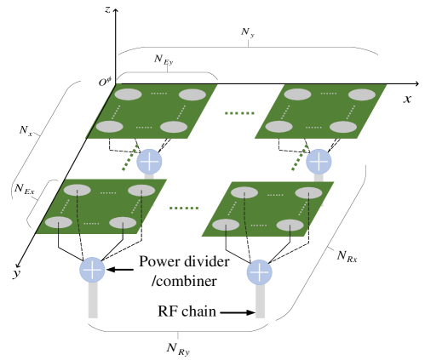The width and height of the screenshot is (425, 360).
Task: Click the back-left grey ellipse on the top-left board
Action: click(x=129, y=94)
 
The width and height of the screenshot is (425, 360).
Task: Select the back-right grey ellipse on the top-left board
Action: click(x=192, y=94)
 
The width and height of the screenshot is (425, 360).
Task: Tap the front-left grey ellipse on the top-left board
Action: click(x=109, y=127)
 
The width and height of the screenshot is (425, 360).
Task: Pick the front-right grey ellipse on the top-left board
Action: click(x=174, y=127)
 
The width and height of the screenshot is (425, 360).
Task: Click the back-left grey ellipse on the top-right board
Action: click(x=297, y=94)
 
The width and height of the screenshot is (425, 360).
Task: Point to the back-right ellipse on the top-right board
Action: click(x=362, y=94)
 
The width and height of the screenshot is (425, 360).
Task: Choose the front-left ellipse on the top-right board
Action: click(x=279, y=127)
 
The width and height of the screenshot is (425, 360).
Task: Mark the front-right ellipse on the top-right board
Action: click(x=343, y=127)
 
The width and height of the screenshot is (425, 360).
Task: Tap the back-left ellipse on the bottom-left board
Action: click(x=77, y=191)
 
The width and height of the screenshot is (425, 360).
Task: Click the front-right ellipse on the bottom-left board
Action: click(x=123, y=223)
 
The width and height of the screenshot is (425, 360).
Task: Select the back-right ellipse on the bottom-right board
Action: click(x=308, y=193)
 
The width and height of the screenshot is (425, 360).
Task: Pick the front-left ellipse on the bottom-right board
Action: click(x=226, y=226)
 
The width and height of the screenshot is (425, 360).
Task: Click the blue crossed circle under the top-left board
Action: click(x=149, y=162)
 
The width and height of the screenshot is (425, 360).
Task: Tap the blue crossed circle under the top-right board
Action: click(x=319, y=162)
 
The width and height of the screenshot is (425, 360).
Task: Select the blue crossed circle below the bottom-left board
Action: click(x=93, y=270)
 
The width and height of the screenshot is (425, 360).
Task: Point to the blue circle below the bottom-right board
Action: click(x=260, y=272)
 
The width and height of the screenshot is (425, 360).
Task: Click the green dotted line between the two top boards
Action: click(x=239, y=113)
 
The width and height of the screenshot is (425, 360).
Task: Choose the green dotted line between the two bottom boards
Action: click(x=184, y=208)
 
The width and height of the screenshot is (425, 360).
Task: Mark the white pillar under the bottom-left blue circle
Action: click(x=93, y=301)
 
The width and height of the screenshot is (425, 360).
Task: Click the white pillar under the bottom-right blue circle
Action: click(x=260, y=302)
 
